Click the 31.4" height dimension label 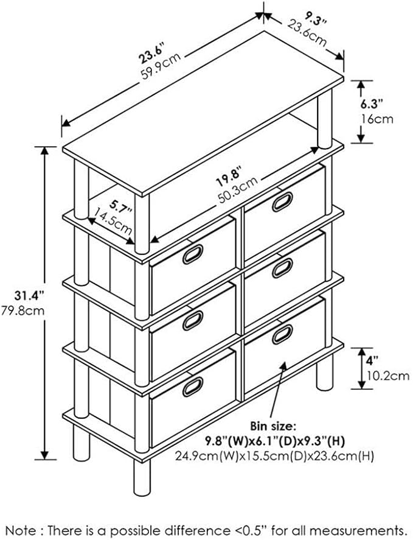pos(30,296)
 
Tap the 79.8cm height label pos(23,310)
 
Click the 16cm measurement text pos(377,119)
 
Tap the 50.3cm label pos(238,189)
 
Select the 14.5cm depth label pos(113,220)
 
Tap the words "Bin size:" pos(272,426)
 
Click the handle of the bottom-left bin pos(193,387)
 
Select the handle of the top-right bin pos(282,202)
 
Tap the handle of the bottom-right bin pos(282,334)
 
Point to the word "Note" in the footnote pos(21,531)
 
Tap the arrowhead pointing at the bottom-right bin pos(283,366)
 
